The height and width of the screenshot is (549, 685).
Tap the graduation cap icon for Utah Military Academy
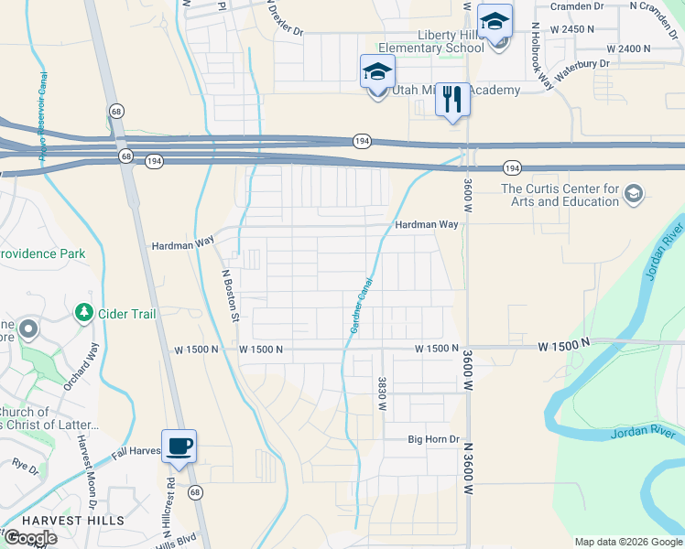click(377, 71)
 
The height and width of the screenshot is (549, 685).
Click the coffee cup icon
click(179, 447)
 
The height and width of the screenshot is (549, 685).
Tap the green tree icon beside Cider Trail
click(84, 314)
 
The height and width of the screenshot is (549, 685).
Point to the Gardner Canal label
click(360, 307)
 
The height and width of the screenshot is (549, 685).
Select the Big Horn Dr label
click(433, 440)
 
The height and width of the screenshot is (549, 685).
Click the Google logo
click(30, 538)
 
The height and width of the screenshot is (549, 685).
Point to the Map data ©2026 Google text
click(628, 542)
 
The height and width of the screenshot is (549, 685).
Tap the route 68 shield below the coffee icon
click(194, 492)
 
